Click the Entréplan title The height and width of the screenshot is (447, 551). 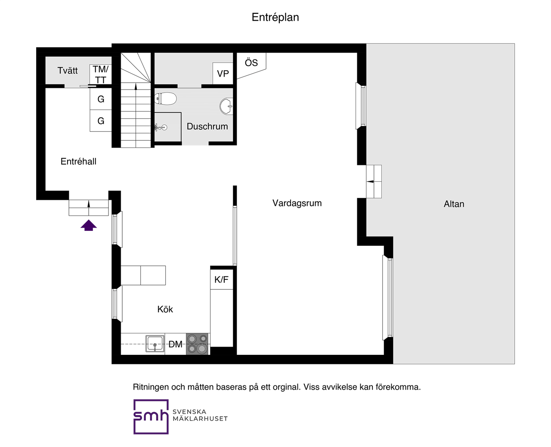[275, 18]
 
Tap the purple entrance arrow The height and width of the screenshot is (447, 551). [89, 225]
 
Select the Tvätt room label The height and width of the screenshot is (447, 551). [68, 70]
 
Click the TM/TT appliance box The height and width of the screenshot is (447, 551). [101, 74]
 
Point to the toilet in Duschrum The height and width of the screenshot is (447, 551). [166, 99]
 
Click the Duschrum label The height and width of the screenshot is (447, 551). [207, 127]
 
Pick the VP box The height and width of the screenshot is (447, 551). [223, 74]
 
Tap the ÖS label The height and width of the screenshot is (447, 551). [251, 63]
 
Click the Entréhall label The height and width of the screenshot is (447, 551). [78, 161]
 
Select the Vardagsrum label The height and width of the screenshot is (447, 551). [297, 203]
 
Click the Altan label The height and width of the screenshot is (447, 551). [454, 204]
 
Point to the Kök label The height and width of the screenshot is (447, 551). [165, 309]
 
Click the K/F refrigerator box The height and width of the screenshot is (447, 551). [221, 279]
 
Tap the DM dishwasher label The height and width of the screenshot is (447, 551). [175, 344]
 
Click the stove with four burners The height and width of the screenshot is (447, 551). [198, 344]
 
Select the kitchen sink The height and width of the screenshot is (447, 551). [155, 344]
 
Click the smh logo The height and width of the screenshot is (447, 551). [151, 416]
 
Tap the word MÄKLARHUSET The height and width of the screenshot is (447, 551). [200, 419]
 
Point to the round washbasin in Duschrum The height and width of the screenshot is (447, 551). [226, 106]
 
